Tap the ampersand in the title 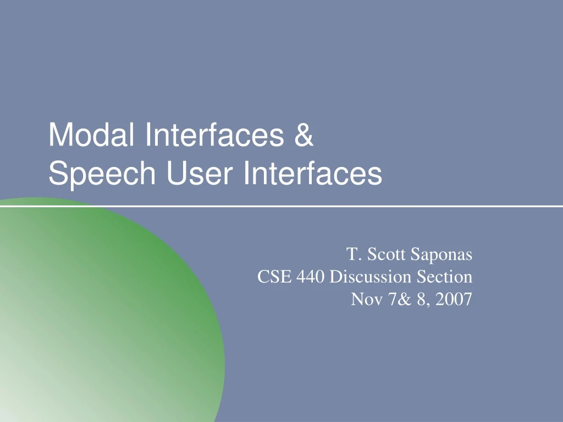(x=302, y=135)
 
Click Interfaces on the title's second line (x=313, y=174)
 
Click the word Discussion (x=370, y=277)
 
